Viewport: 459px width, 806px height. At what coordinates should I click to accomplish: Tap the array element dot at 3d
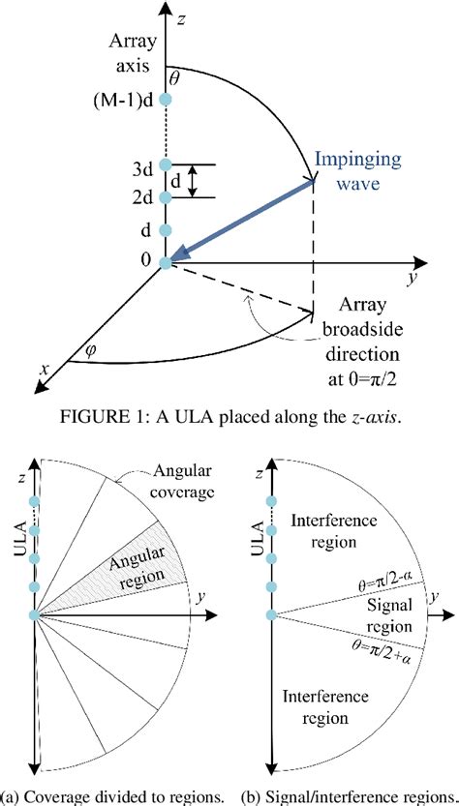point(167,164)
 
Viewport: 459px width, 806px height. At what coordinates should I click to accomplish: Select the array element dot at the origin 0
point(167,262)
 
